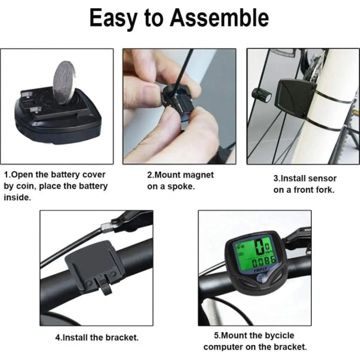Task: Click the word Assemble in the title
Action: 219,18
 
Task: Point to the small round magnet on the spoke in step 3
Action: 261,95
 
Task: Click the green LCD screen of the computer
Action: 255,254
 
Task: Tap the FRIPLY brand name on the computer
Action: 260,270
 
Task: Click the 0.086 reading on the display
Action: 264,261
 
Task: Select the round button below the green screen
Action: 261,279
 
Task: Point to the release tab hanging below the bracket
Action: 105,286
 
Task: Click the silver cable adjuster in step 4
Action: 107,228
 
